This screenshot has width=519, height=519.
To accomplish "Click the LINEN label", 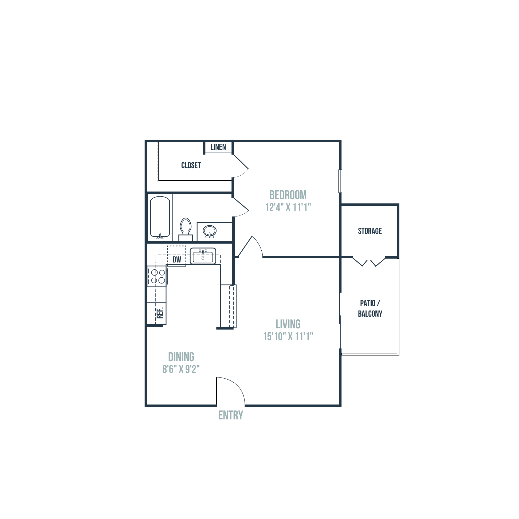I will click(218, 147).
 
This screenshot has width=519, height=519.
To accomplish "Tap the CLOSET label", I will click(191, 165).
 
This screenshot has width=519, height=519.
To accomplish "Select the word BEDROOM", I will click(288, 195).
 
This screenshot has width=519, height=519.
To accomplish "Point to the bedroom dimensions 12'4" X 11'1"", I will click(288, 207).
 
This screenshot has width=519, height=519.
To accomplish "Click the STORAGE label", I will click(370, 231).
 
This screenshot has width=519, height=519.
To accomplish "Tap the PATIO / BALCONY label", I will click(370, 308).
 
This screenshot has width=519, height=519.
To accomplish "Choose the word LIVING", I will click(288, 324).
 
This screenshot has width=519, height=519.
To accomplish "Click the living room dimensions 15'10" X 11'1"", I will click(288, 336).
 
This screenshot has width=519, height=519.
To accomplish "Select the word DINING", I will click(181, 357).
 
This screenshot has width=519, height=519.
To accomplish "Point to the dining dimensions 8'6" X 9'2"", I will click(181, 369).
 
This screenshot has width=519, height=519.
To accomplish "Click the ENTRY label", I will click(230, 415).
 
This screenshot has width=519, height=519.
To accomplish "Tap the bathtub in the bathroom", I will click(160, 217).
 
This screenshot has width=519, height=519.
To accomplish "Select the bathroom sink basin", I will click(210, 231).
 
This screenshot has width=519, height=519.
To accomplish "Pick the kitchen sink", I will click(203, 256).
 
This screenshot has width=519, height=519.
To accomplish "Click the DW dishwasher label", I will click(176, 259).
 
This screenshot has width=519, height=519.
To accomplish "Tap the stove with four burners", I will click(158, 276).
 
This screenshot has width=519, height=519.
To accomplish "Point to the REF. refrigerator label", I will click(160, 313).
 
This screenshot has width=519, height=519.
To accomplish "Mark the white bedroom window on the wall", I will click(340, 181).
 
